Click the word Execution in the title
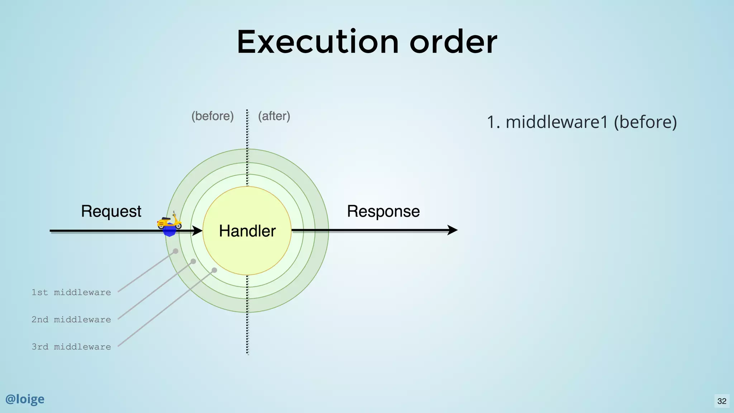pyautogui.click(x=318, y=42)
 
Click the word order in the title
pyautogui.click(x=453, y=42)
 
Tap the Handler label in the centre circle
pyautogui.click(x=247, y=231)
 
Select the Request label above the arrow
pyautogui.click(x=111, y=211)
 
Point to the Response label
pyautogui.click(x=383, y=211)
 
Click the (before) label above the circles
pyautogui.click(x=213, y=116)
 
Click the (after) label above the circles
pyautogui.click(x=274, y=116)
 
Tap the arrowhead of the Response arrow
pyautogui.click(x=453, y=230)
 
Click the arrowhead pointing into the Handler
pyautogui.click(x=197, y=231)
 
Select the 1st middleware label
pyautogui.click(x=71, y=293)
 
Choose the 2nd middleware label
pyautogui.click(x=71, y=320)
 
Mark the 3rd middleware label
pyautogui.click(x=71, y=347)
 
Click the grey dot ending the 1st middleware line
pyautogui.click(x=176, y=251)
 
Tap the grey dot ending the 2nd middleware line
pyautogui.click(x=193, y=261)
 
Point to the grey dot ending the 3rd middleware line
pyautogui.click(x=214, y=270)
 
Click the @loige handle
pyautogui.click(x=25, y=399)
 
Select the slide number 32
pyautogui.click(x=722, y=401)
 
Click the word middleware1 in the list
pyautogui.click(x=557, y=122)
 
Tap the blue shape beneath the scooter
pyautogui.click(x=169, y=232)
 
